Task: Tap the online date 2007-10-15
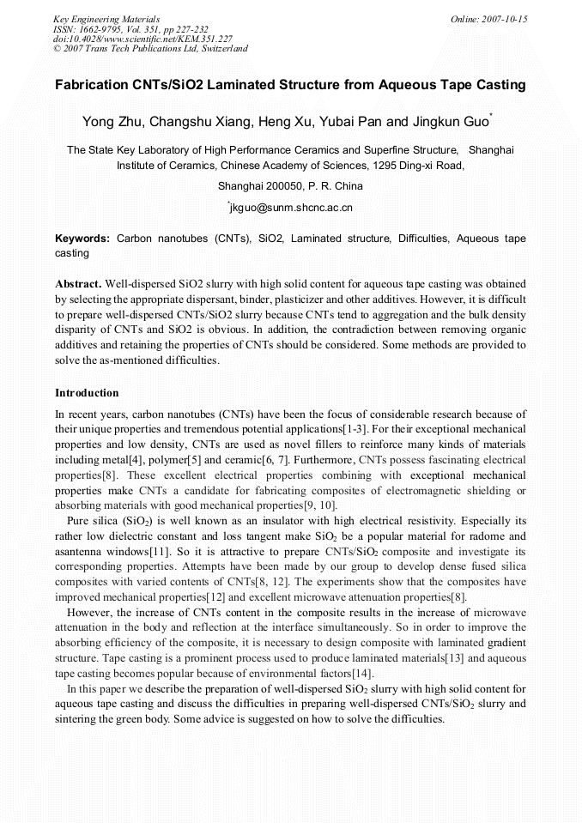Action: coord(500,19)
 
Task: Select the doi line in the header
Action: coord(142,39)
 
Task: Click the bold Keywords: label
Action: coord(82,239)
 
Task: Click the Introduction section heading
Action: coord(87,393)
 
